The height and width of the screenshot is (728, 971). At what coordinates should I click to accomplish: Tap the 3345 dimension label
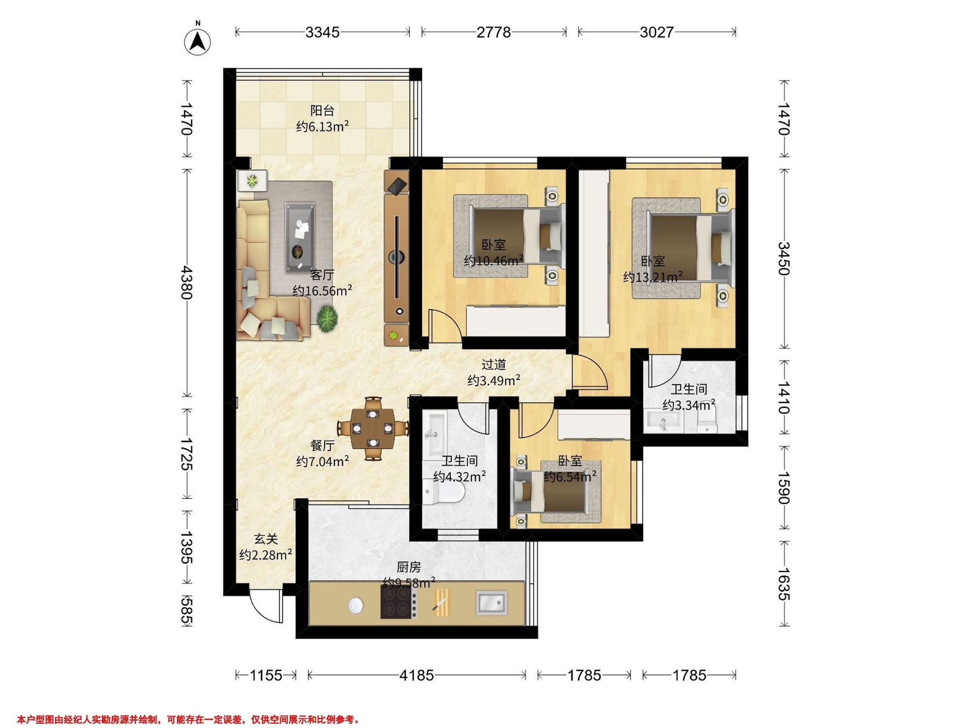pyautogui.click(x=322, y=32)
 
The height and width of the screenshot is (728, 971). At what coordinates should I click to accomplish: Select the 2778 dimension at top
pyautogui.click(x=494, y=32)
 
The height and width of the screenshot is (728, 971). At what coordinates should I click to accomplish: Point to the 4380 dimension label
pyautogui.click(x=187, y=282)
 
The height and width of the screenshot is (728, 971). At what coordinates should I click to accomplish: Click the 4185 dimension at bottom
pyautogui.click(x=417, y=675)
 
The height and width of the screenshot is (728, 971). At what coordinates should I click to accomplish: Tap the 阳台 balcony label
pyautogui.click(x=322, y=110)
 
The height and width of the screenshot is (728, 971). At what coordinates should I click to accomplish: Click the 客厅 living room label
pyautogui.click(x=322, y=275)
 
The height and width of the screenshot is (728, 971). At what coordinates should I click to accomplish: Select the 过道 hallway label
pyautogui.click(x=494, y=364)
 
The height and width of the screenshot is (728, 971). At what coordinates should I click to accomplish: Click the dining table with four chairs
pyautogui.click(x=373, y=428)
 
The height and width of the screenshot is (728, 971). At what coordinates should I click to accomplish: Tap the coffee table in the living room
pyautogui.click(x=300, y=237)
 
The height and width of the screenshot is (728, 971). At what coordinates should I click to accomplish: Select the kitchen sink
pyautogui.click(x=492, y=602)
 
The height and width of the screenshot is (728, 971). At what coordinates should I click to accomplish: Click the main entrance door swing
pyautogui.click(x=265, y=604)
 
